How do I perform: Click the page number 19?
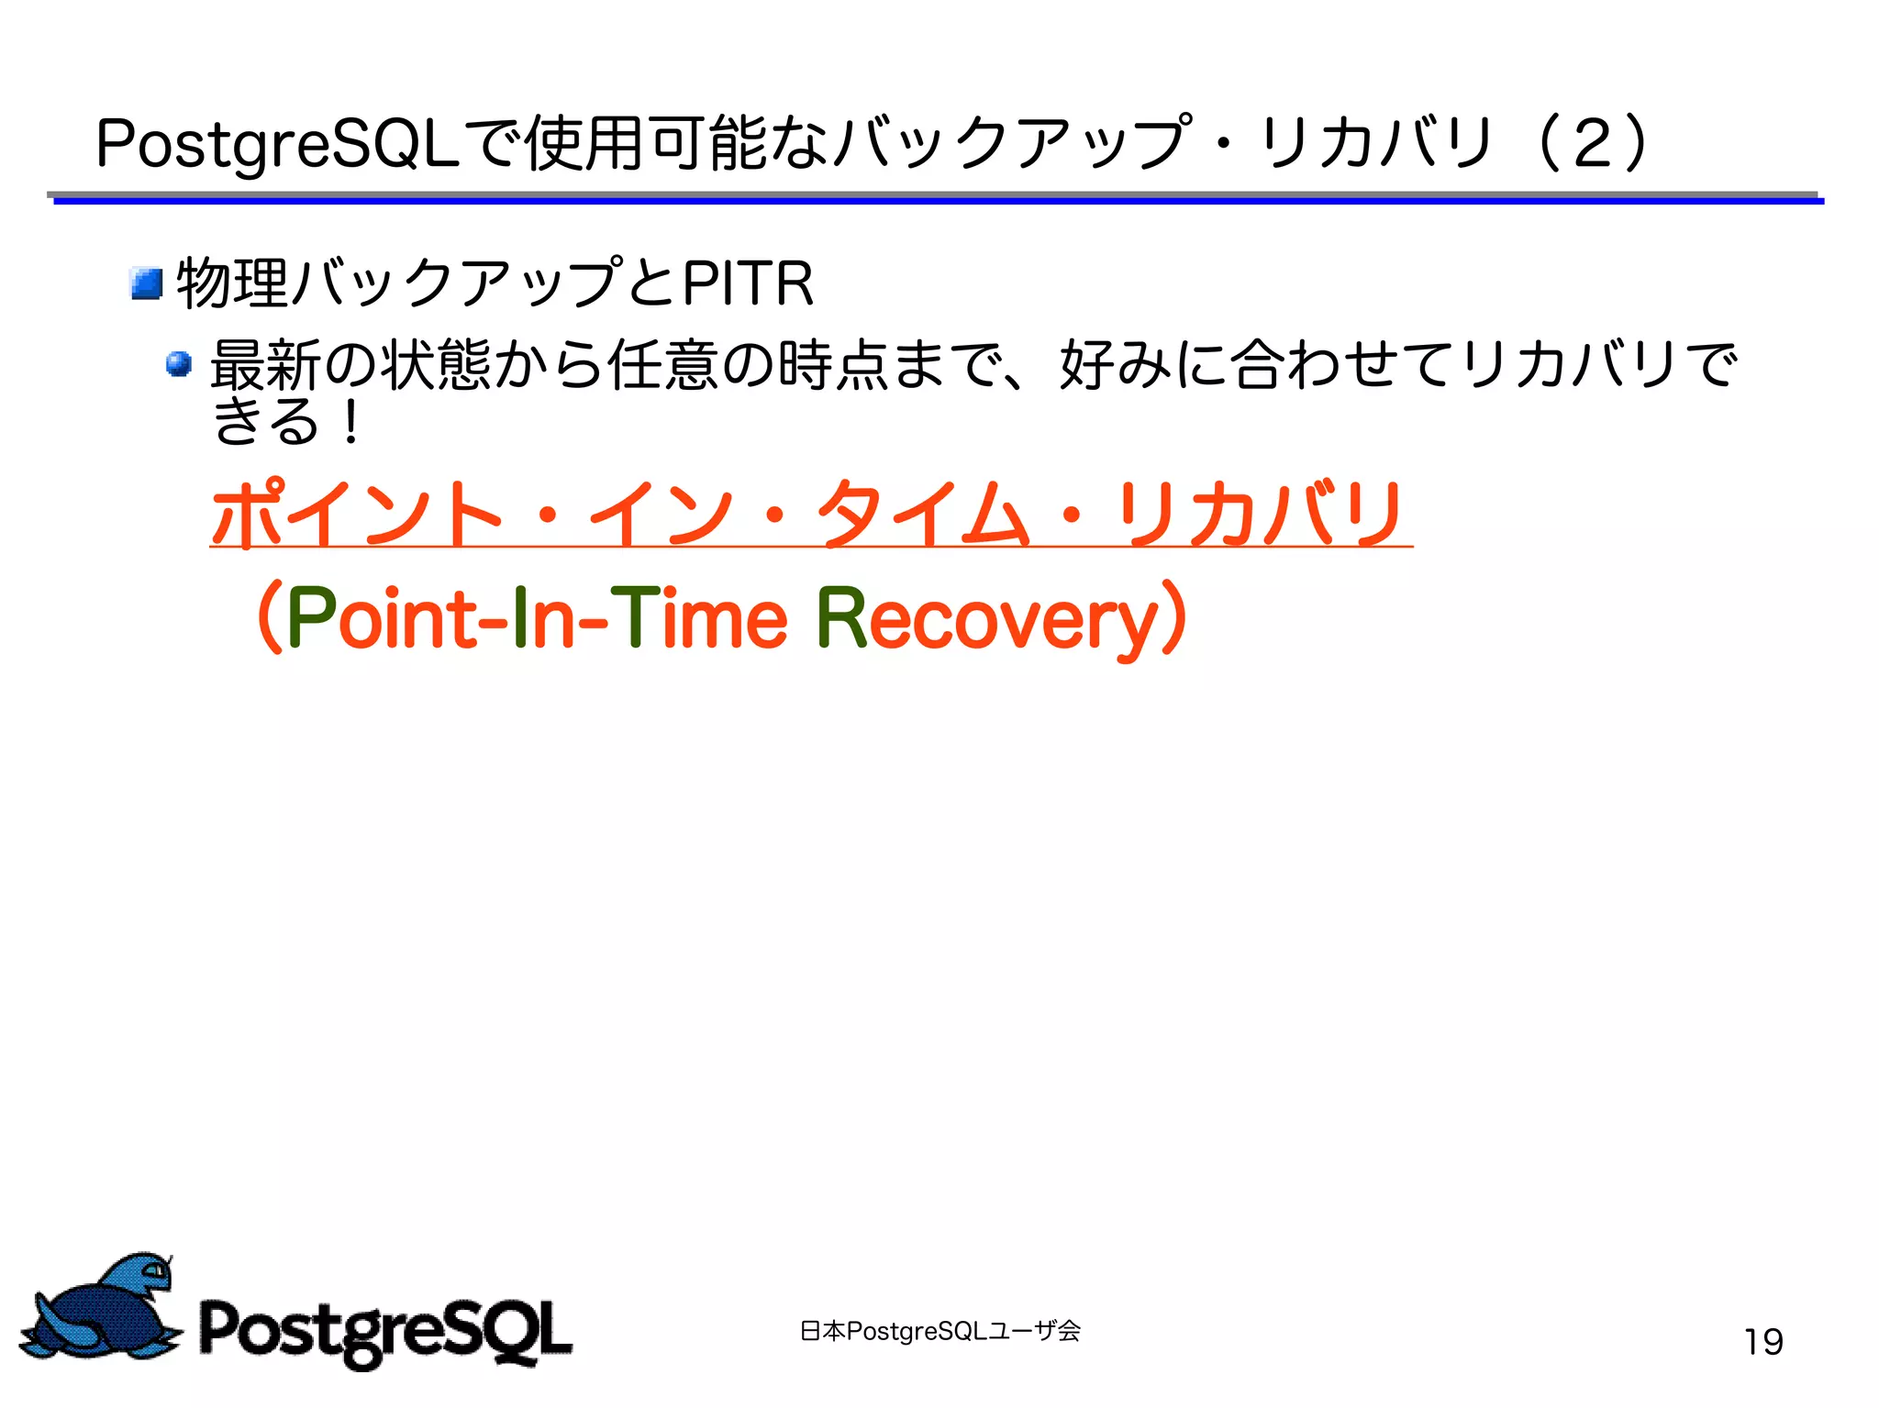coord(1762,1341)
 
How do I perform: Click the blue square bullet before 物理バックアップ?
coord(147,283)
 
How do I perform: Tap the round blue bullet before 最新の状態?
coord(179,364)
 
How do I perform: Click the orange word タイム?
coord(923,514)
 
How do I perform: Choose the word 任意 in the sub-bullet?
coord(662,364)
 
